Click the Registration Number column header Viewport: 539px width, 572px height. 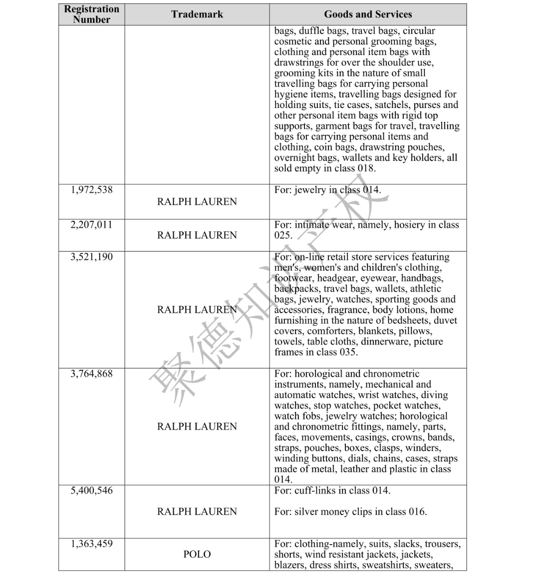point(92,14)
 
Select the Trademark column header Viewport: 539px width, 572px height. point(197,14)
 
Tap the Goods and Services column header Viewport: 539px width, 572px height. point(368,14)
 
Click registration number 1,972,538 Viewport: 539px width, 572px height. point(92,190)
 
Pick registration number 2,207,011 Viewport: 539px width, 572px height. point(92,225)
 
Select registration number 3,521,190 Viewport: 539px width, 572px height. point(92,257)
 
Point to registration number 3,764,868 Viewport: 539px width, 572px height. point(92,374)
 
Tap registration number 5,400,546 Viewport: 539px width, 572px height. point(92,491)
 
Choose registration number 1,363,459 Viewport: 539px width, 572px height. point(92,544)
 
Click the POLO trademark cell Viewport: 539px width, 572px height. point(197,555)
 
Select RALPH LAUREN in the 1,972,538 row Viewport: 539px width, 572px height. point(197,202)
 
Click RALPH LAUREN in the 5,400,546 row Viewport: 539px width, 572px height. point(197,512)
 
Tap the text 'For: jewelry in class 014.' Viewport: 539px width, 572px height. point(327,190)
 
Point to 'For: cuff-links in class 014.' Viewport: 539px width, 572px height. point(332,491)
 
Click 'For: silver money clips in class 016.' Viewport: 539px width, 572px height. point(350,512)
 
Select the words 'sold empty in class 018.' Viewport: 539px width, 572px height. point(325,168)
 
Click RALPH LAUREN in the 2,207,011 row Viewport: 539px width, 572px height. point(197,235)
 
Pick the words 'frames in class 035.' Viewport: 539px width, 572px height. point(316,352)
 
